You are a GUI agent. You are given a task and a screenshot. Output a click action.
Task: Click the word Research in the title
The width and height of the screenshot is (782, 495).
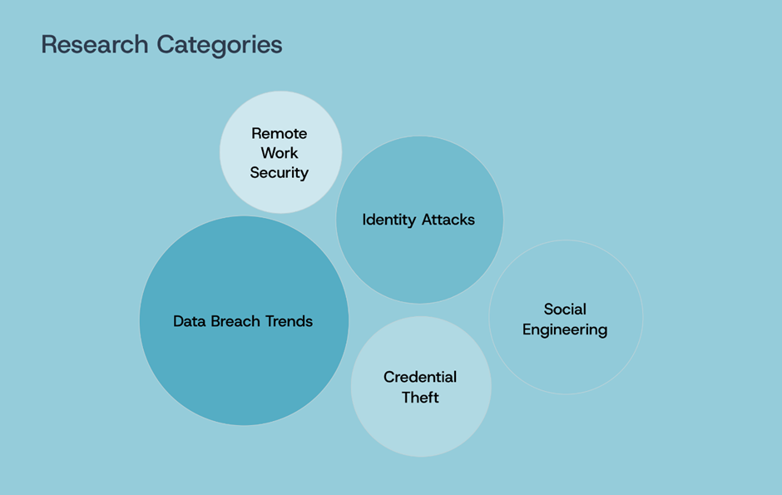coord(95,44)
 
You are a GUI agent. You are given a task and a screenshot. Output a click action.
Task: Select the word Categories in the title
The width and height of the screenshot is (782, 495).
coord(220,46)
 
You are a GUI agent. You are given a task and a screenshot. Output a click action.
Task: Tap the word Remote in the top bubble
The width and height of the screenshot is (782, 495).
coord(280,134)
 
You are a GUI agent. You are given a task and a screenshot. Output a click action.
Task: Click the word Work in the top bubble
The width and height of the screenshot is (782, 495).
coord(280,153)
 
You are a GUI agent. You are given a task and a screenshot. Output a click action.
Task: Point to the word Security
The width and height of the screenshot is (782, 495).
coord(280,173)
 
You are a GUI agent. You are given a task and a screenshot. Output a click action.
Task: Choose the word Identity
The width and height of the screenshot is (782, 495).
coord(389,220)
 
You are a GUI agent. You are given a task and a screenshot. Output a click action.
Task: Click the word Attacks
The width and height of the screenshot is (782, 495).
coord(448,220)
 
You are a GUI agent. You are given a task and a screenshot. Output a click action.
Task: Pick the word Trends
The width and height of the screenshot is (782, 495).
coord(290,321)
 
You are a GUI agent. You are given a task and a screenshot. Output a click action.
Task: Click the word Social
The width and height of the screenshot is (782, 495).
coord(565,309)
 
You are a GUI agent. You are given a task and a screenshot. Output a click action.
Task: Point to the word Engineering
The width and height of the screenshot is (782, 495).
coord(565,330)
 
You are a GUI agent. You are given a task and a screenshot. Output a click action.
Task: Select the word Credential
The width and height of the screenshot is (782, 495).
coord(420,378)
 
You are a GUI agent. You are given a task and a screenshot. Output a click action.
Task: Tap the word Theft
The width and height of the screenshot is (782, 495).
coord(420,398)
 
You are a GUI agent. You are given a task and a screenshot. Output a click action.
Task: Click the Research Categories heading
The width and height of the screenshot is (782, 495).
coord(161,46)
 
